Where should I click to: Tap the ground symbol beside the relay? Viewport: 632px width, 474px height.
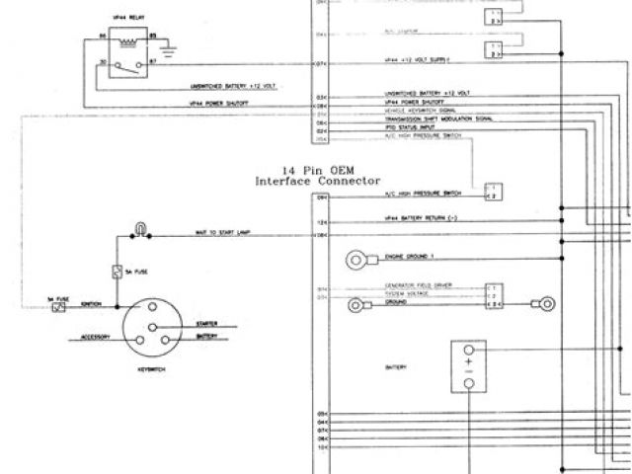click(x=167, y=44)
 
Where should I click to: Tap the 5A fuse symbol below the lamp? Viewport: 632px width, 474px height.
click(x=118, y=272)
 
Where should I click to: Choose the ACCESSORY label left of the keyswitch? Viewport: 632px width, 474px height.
click(x=95, y=338)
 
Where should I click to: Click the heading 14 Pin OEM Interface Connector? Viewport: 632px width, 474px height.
click(x=317, y=176)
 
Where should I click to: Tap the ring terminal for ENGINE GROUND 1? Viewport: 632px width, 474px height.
click(x=355, y=260)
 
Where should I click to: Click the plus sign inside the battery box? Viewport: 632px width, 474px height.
click(x=469, y=364)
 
